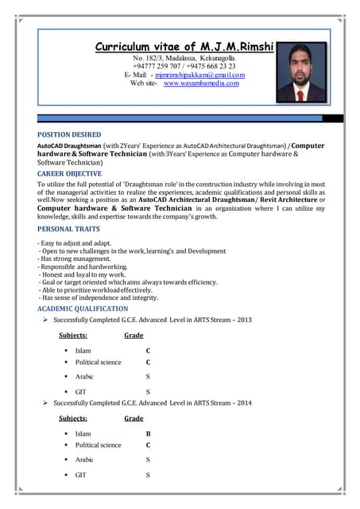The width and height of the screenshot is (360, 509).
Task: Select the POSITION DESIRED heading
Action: [x=71, y=135]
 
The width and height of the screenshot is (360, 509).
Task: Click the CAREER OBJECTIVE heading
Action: [x=69, y=173]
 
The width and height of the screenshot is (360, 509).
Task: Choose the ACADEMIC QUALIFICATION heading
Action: [x=83, y=309]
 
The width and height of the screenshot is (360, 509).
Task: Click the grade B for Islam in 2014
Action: [x=148, y=434]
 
